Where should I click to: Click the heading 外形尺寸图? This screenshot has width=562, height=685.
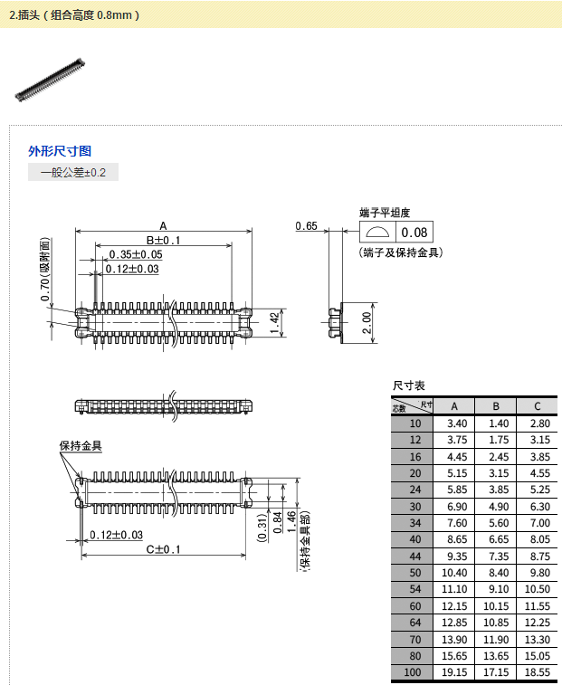[60, 151]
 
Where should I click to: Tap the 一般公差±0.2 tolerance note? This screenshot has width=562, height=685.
[73, 172]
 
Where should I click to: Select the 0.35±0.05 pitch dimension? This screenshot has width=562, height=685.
[135, 254]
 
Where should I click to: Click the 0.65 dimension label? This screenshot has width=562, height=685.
[306, 226]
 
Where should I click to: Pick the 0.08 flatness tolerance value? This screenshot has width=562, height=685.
[414, 233]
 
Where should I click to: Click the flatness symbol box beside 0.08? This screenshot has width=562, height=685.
[376, 233]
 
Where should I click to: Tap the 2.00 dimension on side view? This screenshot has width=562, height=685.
[366, 322]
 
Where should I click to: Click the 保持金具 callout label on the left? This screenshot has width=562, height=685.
[81, 445]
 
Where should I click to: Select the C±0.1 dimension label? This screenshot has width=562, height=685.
[164, 549]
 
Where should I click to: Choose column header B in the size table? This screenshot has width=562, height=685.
[496, 406]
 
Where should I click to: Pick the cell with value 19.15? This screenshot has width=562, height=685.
[455, 673]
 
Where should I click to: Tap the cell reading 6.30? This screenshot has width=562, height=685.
[539, 507]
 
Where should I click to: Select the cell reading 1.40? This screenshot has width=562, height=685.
[497, 423]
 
